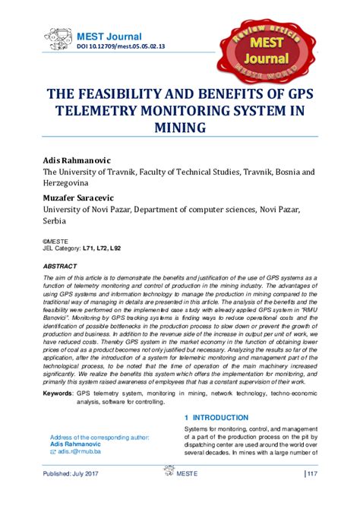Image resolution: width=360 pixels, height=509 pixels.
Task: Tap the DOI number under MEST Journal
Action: tap(120, 47)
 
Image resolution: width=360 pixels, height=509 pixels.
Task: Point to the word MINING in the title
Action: tap(179, 128)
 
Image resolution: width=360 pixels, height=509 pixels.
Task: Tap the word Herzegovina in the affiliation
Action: tap(65, 184)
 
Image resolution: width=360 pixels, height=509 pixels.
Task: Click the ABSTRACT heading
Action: tap(59, 267)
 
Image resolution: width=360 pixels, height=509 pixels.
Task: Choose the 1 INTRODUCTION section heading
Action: tap(216, 418)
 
